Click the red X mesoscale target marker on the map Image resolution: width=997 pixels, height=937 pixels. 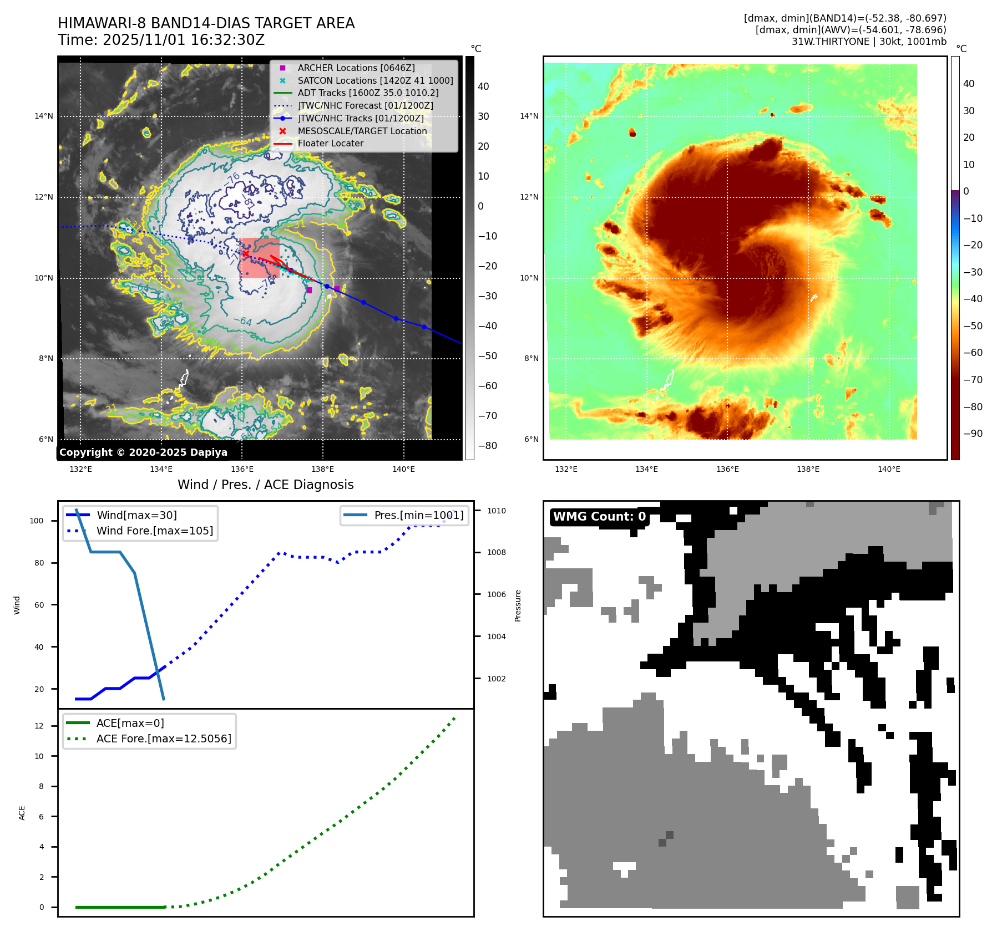click(x=246, y=253)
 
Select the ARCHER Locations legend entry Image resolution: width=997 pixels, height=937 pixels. click(x=356, y=68)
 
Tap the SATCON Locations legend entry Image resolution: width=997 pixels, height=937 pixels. click(x=375, y=80)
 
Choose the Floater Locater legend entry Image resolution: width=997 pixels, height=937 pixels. click(x=330, y=143)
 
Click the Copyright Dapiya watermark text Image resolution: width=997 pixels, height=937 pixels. click(x=143, y=452)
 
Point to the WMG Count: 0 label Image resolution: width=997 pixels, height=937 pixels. click(x=599, y=517)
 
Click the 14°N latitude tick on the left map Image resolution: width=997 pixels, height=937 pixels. click(x=44, y=116)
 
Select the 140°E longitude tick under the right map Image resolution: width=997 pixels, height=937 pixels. click(x=889, y=470)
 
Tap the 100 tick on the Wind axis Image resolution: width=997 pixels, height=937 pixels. click(x=37, y=521)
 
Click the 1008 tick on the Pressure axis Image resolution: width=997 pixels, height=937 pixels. click(x=497, y=552)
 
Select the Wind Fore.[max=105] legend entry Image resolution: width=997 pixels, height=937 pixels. click(x=154, y=531)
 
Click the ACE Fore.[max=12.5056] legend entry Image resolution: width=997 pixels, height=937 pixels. click(x=164, y=739)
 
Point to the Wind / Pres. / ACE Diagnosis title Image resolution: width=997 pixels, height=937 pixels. click(x=265, y=485)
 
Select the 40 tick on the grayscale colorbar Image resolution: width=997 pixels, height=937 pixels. click(x=483, y=86)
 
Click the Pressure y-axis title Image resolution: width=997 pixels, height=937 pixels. click(x=518, y=605)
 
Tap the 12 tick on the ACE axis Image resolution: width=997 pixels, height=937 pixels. click(x=39, y=726)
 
